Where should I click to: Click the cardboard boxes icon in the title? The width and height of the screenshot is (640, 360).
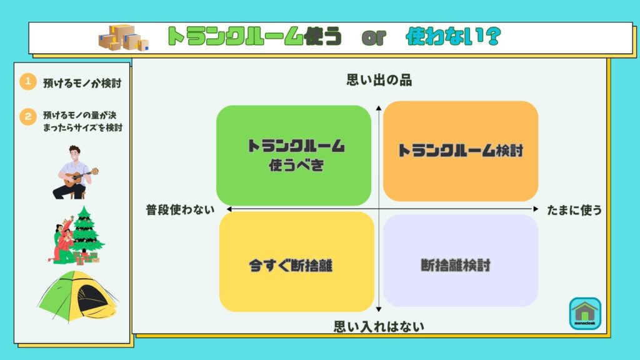pyautogui.click(x=124, y=37)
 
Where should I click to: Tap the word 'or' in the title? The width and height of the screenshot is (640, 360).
pyautogui.click(x=374, y=37)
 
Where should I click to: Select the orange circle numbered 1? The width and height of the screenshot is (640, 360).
pyautogui.click(x=27, y=82)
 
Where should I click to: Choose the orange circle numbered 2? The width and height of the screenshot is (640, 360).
pyautogui.click(x=27, y=117)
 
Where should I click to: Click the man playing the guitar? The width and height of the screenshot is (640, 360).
pyautogui.click(x=75, y=172)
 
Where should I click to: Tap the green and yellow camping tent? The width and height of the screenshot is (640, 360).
pyautogui.click(x=77, y=296)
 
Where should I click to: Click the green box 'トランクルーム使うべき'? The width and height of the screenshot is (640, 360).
pyautogui.click(x=294, y=155)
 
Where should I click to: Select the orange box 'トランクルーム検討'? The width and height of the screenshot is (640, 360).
pyautogui.click(x=461, y=151)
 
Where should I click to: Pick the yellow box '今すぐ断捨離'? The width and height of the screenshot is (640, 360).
pyautogui.click(x=297, y=262)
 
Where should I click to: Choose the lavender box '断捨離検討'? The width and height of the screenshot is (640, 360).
pyautogui.click(x=461, y=261)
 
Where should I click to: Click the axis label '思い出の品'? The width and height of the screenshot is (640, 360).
pyautogui.click(x=379, y=80)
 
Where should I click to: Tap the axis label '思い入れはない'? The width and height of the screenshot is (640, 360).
pyautogui.click(x=379, y=326)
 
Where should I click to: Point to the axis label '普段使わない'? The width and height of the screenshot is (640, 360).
pyautogui.click(x=180, y=210)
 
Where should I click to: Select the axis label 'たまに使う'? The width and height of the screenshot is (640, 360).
pyautogui.click(x=574, y=210)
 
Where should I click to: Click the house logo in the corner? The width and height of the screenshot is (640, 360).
pyautogui.click(x=585, y=314)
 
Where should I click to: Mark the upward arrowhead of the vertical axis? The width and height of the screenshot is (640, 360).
pyautogui.click(x=379, y=107)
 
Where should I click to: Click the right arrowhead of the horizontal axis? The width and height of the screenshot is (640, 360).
pyautogui.click(x=536, y=209)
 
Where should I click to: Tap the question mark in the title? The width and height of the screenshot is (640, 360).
pyautogui.click(x=493, y=36)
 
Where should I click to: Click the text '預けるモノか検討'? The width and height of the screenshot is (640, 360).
pyautogui.click(x=82, y=83)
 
